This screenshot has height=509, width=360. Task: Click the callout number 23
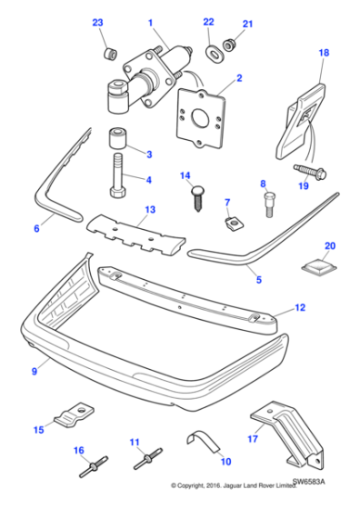coord(98,23)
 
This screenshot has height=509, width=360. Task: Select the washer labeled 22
coord(215,50)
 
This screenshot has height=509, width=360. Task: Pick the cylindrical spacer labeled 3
coord(116,141)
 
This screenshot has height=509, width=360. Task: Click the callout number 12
coord(300,307)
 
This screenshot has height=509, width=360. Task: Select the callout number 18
coord(323,55)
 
